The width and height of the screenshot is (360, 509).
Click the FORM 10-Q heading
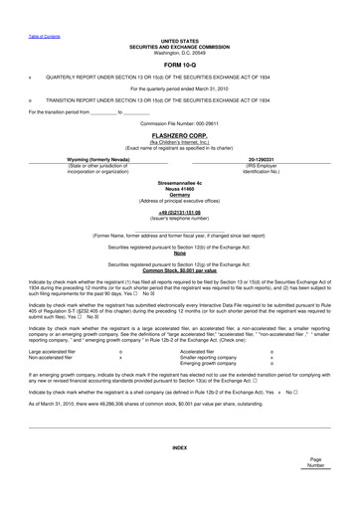[179, 62]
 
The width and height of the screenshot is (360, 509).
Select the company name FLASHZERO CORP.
[179, 133]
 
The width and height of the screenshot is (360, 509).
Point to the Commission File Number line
[179, 122]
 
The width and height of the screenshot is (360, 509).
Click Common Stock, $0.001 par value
[179, 270]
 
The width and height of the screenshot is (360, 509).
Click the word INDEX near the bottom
[179, 447]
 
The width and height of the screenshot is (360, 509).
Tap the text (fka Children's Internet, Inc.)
[179, 140]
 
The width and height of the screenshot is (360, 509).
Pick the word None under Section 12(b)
[179, 253]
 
